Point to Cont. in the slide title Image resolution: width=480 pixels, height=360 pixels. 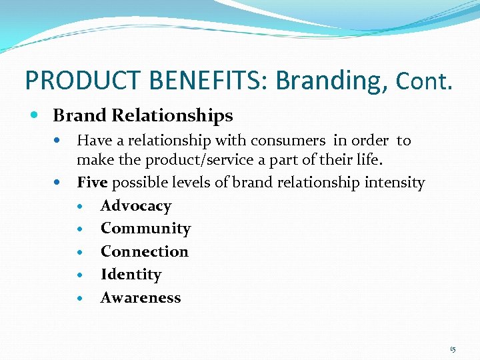click(x=424, y=82)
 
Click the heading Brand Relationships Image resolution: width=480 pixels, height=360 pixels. click(x=143, y=115)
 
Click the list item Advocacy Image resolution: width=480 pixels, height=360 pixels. click(x=136, y=206)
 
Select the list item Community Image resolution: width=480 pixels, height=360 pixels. click(x=145, y=229)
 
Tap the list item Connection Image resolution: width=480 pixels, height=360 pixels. click(x=145, y=252)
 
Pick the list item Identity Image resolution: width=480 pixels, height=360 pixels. click(x=131, y=275)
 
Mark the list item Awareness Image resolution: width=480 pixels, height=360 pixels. click(x=141, y=298)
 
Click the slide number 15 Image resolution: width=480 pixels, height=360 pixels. click(x=453, y=349)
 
